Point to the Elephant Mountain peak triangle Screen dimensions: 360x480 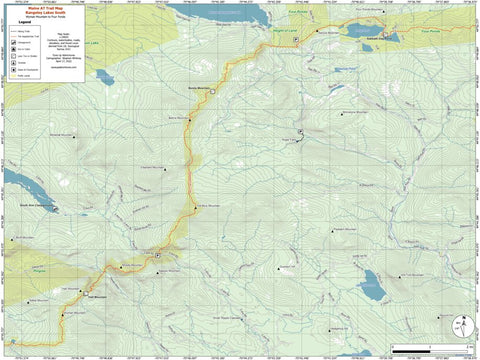[x=164, y=170]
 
